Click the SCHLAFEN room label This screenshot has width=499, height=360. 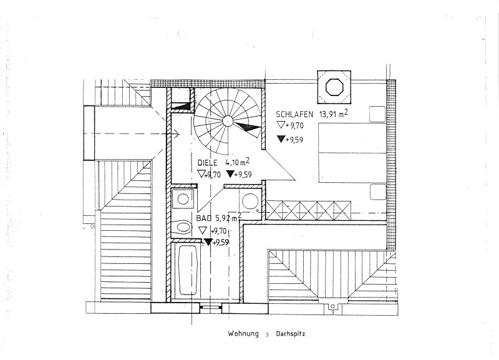coord(296,114)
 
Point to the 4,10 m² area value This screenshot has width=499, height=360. coord(240,163)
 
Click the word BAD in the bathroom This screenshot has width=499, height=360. coord(203,219)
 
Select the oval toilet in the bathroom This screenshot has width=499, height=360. coord(183,227)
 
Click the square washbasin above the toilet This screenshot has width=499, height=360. coord(183,200)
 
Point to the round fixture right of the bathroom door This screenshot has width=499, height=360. coord(251,201)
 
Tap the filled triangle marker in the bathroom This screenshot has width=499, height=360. coord(208,242)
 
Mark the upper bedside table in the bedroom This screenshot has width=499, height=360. coord(376,114)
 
